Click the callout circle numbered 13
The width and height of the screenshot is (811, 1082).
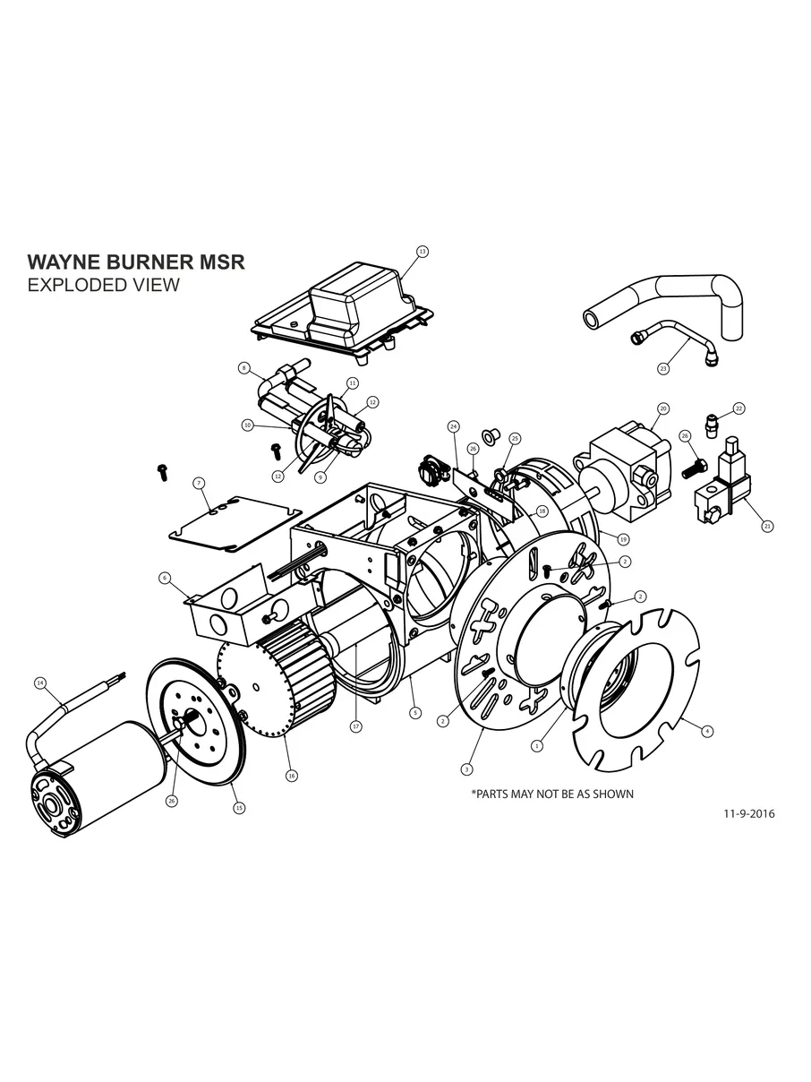(x=423, y=252)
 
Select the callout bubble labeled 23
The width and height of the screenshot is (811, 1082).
(x=663, y=368)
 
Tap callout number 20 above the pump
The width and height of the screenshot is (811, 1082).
(x=663, y=408)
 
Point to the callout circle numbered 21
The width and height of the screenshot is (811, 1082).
(x=767, y=527)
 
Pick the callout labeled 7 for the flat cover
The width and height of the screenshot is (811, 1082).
(x=198, y=483)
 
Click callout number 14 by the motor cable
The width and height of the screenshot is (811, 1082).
(x=39, y=683)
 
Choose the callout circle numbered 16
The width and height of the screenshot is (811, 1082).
(x=291, y=775)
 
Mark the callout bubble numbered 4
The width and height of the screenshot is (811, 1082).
(x=707, y=731)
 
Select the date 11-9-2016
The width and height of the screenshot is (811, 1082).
(x=748, y=814)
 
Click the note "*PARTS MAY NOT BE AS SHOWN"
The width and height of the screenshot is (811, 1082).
(x=551, y=794)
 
